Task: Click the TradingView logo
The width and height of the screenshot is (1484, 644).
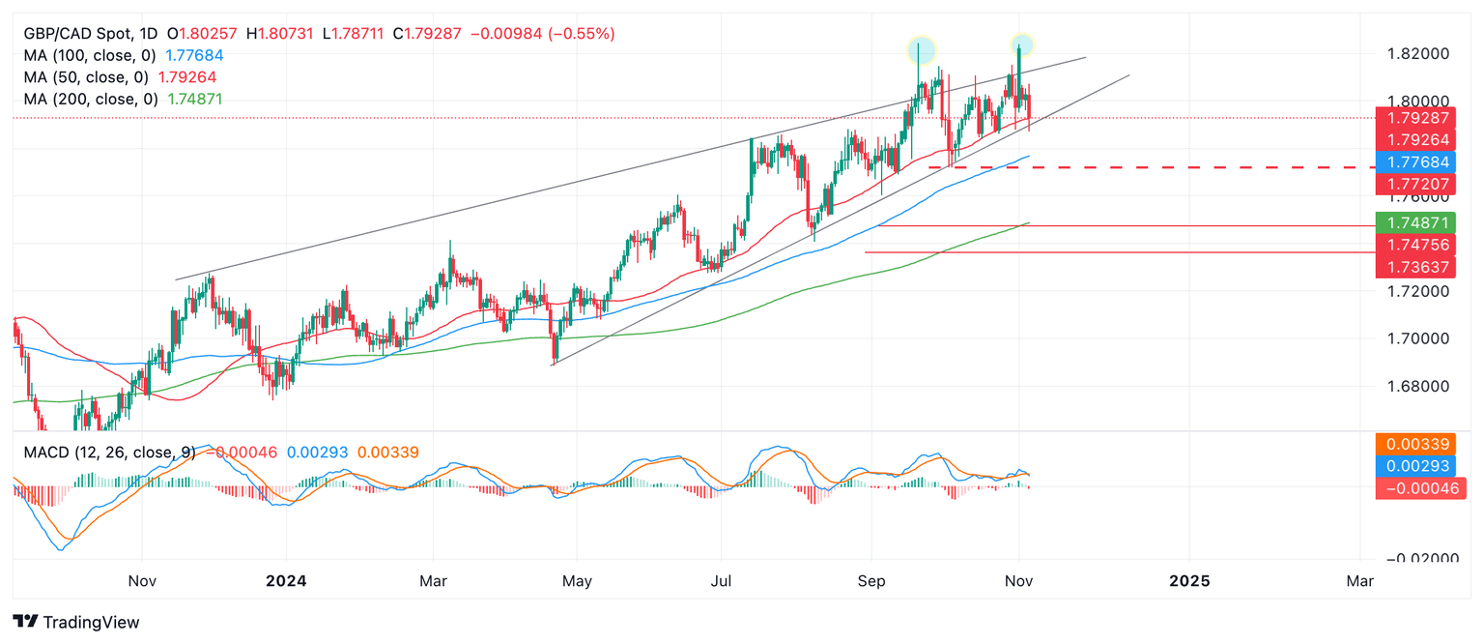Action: pos(76,623)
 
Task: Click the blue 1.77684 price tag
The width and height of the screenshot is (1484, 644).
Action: pos(1414,161)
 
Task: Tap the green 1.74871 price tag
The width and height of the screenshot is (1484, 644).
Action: pos(1414,222)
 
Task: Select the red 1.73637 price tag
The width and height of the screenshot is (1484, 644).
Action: pos(1414,266)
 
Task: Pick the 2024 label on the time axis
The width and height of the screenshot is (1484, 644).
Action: pos(286,581)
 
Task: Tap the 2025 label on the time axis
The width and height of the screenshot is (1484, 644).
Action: pos(1188,581)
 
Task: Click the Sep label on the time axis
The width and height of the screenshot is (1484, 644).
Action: pos(871,581)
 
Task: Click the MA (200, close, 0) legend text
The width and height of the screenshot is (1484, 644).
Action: pos(92,99)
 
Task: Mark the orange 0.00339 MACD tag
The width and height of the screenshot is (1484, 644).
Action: pos(1414,445)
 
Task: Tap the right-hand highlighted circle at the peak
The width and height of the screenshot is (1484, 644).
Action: pos(1022,44)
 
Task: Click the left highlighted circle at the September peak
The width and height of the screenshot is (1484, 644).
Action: pos(921,48)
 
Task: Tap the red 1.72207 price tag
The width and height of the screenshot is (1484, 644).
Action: pos(1414,183)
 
